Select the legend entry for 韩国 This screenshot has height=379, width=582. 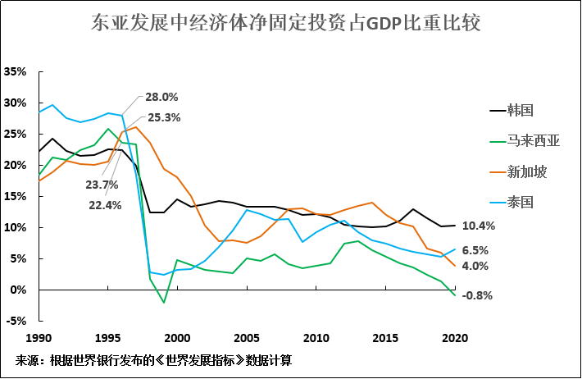tap(521, 109)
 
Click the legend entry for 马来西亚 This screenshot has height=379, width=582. tap(533, 140)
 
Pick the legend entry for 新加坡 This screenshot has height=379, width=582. tap(526, 171)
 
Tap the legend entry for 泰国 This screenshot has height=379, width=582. tap(521, 203)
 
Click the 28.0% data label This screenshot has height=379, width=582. tap(161, 97)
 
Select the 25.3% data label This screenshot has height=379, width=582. tap(164, 117)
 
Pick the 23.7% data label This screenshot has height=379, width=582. tap(103, 185)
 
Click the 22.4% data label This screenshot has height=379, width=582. tap(103, 205)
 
